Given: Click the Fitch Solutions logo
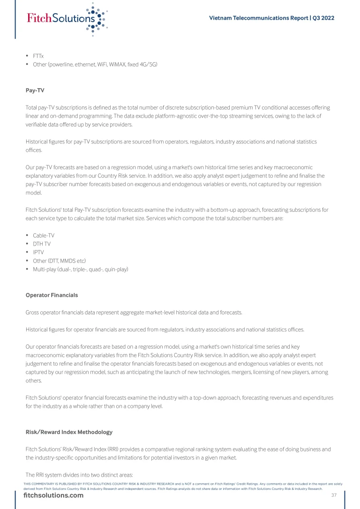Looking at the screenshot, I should click(x=66, y=18).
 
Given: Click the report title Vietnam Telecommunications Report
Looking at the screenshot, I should click(x=258, y=18).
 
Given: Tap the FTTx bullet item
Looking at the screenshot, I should click(x=38, y=56).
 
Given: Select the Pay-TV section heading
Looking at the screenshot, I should click(x=35, y=90).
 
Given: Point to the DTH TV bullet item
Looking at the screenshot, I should click(x=42, y=244).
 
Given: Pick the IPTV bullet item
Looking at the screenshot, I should click(x=38, y=252).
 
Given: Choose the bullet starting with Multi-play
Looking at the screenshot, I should click(x=80, y=269).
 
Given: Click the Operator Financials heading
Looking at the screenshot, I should click(x=52, y=295).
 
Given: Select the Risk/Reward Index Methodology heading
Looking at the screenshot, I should click(x=69, y=432).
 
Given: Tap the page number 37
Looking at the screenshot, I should click(x=334, y=495).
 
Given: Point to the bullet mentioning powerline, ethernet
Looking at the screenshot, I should click(x=95, y=64).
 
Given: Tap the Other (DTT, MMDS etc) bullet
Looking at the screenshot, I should click(x=59, y=261).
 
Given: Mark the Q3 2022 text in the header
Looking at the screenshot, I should click(x=323, y=18).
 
